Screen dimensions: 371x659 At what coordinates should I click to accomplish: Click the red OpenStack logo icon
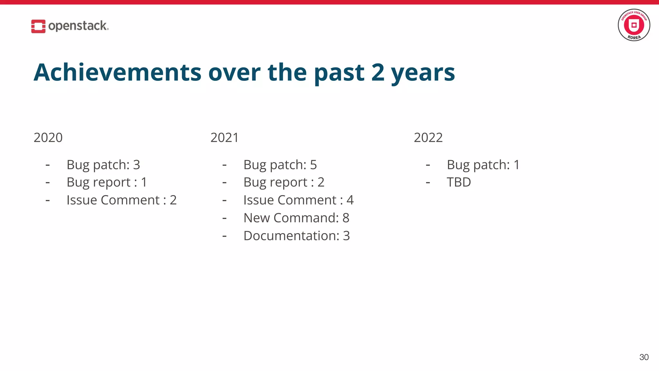38,26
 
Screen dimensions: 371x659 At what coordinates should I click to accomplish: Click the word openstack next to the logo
78,26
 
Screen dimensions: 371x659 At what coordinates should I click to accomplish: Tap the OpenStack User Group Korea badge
634,25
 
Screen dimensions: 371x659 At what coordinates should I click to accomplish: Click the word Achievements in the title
117,72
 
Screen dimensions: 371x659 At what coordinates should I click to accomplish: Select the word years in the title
423,73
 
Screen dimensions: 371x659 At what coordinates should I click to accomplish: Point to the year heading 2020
48,138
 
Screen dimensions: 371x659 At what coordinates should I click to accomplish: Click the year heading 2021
224,138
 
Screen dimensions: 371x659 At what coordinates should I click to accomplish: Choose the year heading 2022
428,138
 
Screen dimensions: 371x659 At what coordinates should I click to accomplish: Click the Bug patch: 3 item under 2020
103,165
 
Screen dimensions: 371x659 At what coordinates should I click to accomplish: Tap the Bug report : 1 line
107,182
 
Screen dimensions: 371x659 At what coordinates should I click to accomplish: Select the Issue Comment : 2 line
121,200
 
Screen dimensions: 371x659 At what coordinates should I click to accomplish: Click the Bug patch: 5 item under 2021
280,165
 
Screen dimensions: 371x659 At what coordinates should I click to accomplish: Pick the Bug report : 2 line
283,182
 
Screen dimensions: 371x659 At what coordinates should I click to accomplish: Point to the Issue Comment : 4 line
298,200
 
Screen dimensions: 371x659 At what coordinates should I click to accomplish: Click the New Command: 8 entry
296,218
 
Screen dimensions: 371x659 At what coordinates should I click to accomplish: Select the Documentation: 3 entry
296,236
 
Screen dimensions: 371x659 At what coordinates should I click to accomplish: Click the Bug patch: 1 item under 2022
483,165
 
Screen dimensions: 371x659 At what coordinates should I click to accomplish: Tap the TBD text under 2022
459,182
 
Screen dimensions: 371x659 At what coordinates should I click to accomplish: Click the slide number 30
644,357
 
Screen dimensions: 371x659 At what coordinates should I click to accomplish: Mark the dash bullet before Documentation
224,236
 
